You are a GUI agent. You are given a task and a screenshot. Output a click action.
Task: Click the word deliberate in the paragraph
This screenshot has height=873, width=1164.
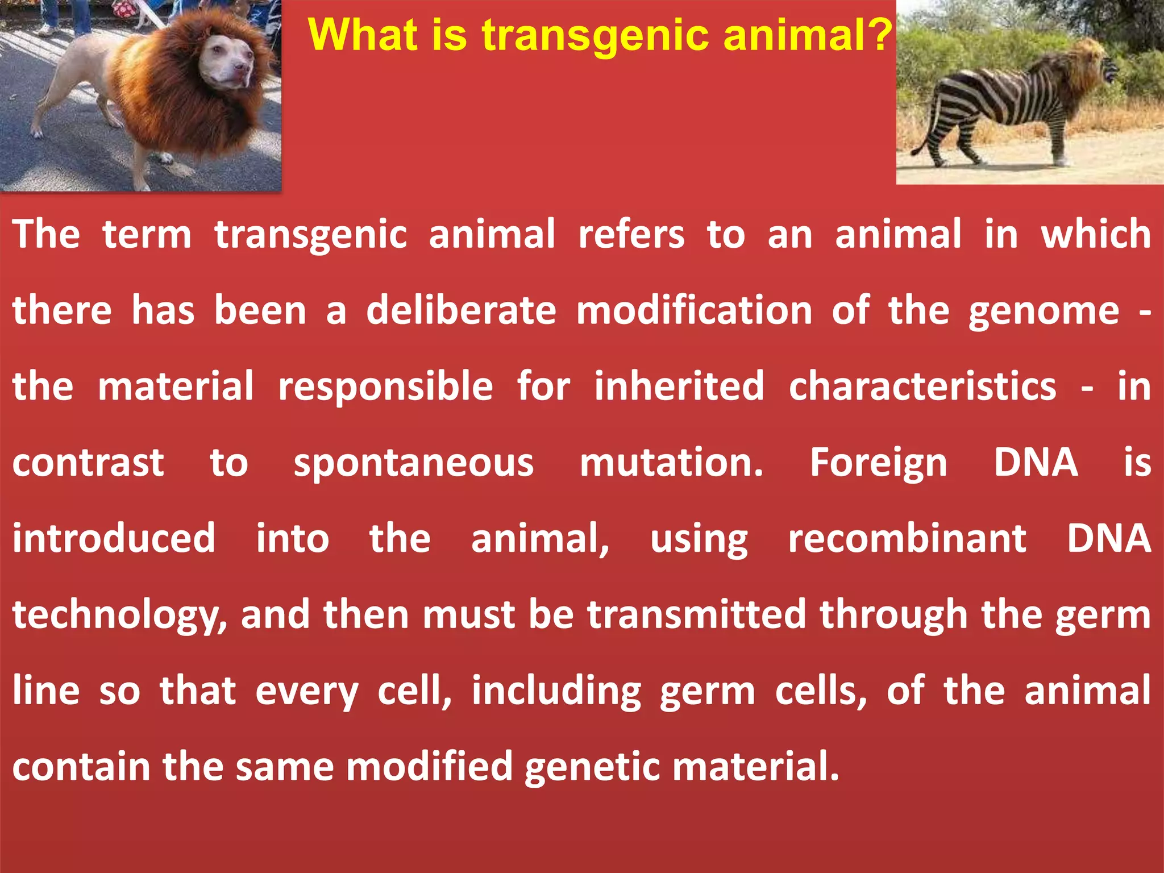point(461,311)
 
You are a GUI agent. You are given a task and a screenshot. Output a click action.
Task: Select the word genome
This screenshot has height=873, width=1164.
point(1044,312)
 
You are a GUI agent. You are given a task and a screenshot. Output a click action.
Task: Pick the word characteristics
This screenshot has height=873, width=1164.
point(922,386)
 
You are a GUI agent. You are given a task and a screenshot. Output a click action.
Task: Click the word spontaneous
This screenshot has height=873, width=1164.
point(413,463)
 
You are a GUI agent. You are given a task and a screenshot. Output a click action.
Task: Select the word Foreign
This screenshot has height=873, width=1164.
point(878,463)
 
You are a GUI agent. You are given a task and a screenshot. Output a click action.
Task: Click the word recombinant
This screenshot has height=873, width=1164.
point(907,538)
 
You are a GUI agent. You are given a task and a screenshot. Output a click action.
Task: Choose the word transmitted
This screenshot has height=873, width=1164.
point(696,614)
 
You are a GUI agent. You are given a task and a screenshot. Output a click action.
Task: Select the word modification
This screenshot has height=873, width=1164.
point(694,311)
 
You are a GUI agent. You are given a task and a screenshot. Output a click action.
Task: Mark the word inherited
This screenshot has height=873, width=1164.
point(679,386)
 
